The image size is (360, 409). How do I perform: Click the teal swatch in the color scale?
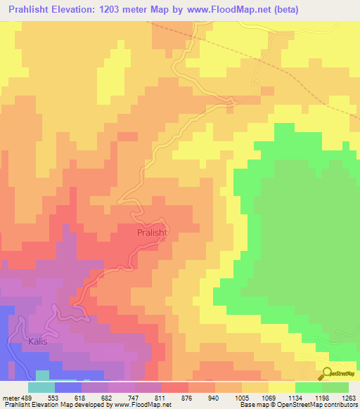point(41,387)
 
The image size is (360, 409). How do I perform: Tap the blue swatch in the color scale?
point(68,387)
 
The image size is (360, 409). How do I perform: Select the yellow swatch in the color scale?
point(282,387)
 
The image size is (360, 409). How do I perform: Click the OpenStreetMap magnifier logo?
point(328,373)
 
